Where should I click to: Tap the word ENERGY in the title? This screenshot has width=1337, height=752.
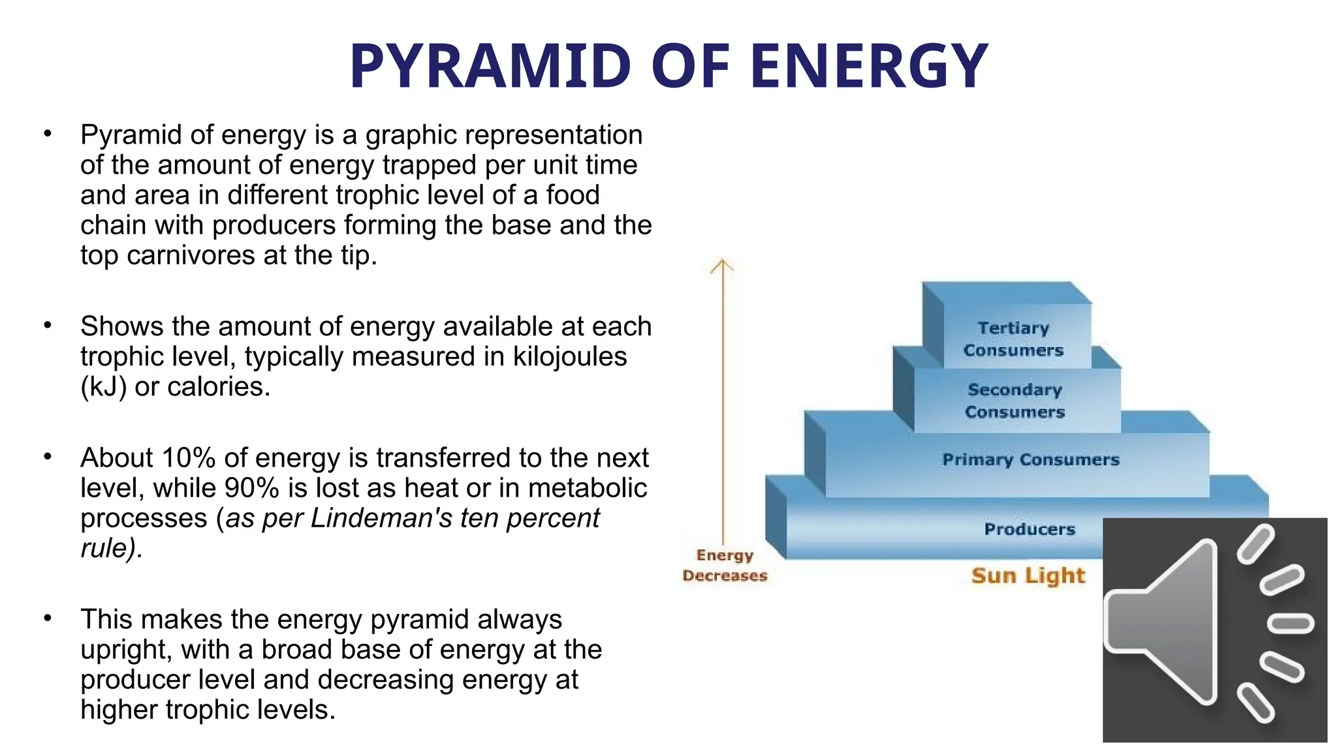pos(869,66)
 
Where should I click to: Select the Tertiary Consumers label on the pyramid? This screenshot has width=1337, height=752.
pos(1013,339)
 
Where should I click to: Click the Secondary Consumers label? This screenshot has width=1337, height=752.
pos(1015,400)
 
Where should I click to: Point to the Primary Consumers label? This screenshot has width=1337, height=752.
pos(1030,460)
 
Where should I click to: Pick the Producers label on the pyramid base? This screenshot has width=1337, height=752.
pos(1030,529)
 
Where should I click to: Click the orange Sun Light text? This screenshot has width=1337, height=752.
pos(1028,575)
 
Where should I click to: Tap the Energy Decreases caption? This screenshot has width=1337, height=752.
pos(725,565)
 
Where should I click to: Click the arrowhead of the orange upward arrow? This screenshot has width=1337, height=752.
pos(722,265)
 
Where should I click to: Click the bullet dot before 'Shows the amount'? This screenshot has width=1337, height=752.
pos(47,325)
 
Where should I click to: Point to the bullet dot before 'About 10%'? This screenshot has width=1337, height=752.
pos(47,457)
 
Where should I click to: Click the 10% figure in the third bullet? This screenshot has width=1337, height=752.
pos(189,458)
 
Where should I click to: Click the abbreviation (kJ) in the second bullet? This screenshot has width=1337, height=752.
pos(103,387)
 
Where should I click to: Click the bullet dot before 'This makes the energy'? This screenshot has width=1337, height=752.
pos(47,618)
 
